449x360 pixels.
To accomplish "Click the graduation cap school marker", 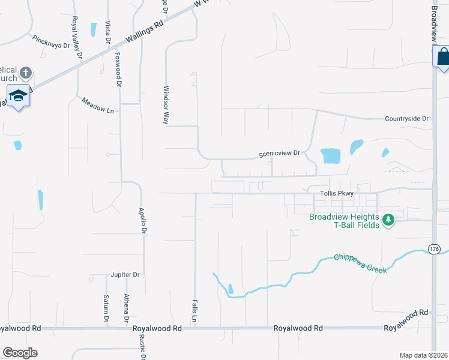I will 18,95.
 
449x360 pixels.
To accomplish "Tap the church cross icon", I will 25,73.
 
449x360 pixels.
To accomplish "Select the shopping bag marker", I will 442,57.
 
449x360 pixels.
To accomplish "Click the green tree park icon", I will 388,220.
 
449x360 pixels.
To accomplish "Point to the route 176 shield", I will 435,248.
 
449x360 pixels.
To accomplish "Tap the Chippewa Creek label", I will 361,263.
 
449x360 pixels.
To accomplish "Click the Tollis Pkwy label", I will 337,193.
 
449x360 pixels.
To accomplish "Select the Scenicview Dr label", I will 279,154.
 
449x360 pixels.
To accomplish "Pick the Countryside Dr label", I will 407,119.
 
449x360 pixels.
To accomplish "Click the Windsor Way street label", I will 166,104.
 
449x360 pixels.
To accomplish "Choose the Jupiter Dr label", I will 125,275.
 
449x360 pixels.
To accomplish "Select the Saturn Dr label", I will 106,308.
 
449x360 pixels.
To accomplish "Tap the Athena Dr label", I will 127,307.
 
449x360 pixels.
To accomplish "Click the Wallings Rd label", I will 145,34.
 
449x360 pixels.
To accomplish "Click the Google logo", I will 20,353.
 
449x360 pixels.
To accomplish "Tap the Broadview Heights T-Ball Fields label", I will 344,221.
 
